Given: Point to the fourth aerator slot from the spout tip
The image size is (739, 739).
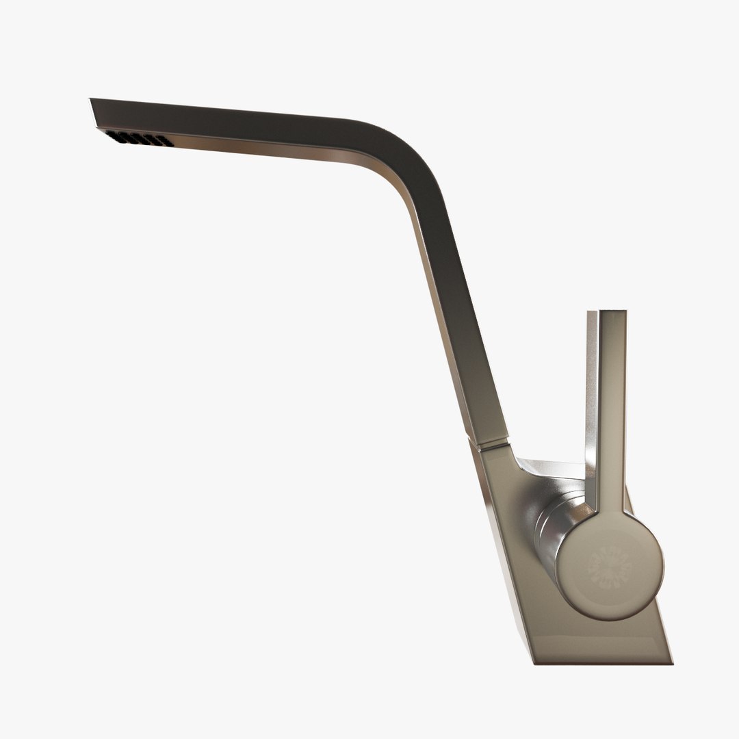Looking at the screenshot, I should [151, 140].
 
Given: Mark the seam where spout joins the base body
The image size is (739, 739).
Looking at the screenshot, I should [490, 446].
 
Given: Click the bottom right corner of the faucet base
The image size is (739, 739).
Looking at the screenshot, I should [671, 662].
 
